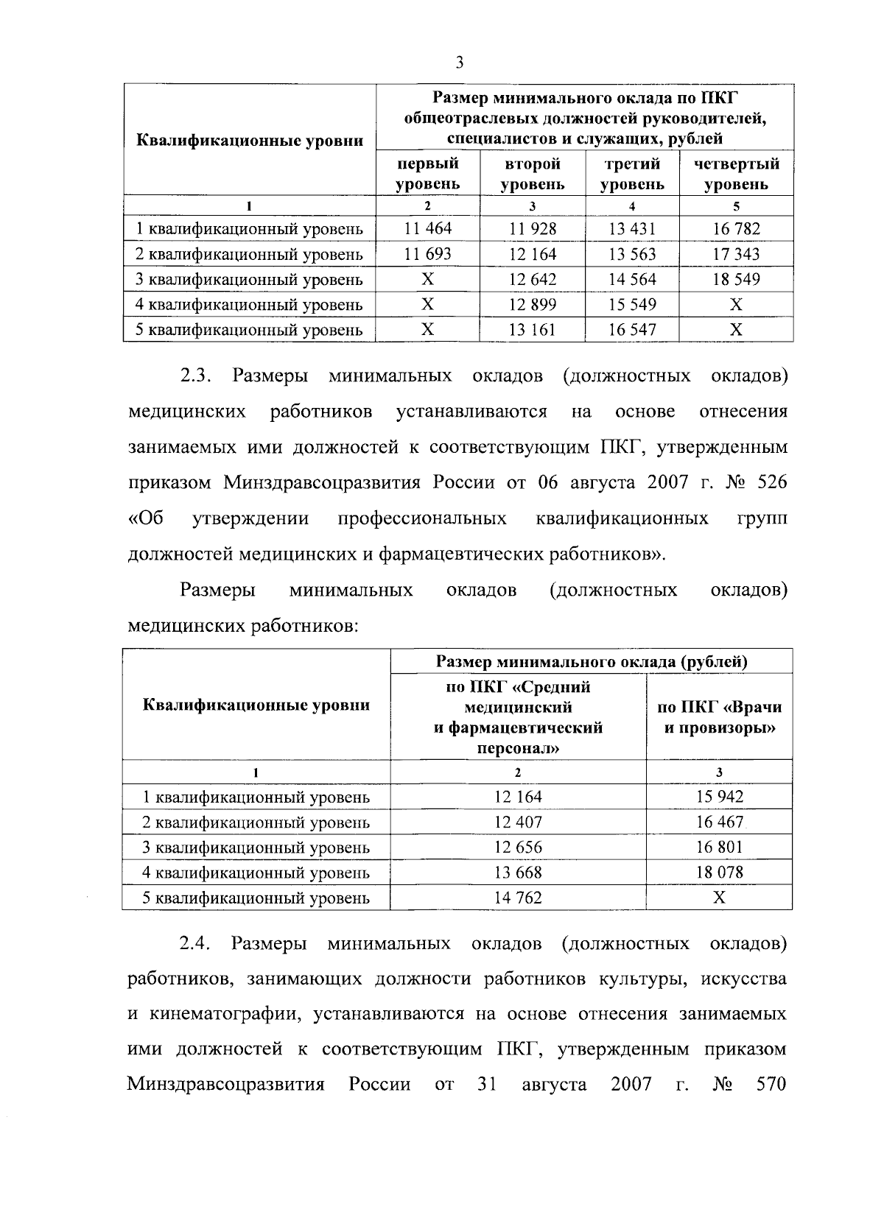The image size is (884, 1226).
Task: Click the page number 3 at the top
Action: click(459, 63)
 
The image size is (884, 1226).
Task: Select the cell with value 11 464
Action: click(427, 228)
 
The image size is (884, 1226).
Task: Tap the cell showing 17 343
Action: click(736, 254)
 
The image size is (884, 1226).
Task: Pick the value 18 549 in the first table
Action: click(736, 279)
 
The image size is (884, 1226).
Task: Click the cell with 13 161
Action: click(532, 330)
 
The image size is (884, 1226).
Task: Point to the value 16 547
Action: click(632, 330)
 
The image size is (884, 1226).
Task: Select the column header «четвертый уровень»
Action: click(736, 174)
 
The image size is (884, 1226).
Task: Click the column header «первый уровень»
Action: click(427, 174)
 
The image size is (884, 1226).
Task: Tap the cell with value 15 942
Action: click(719, 797)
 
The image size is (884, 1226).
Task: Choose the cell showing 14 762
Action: click(518, 898)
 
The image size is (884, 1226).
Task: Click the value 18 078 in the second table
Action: click(719, 873)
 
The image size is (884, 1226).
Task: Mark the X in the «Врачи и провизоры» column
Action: click(719, 898)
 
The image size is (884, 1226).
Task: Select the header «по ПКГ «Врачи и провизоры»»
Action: click(719, 717)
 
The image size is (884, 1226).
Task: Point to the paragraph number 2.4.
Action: click(196, 944)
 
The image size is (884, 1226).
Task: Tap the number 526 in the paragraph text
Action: click(771, 483)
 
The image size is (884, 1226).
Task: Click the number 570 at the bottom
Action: click(771, 1085)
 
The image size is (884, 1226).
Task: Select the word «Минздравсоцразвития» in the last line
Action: click(226, 1085)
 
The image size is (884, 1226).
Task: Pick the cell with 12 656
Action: click(518, 848)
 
